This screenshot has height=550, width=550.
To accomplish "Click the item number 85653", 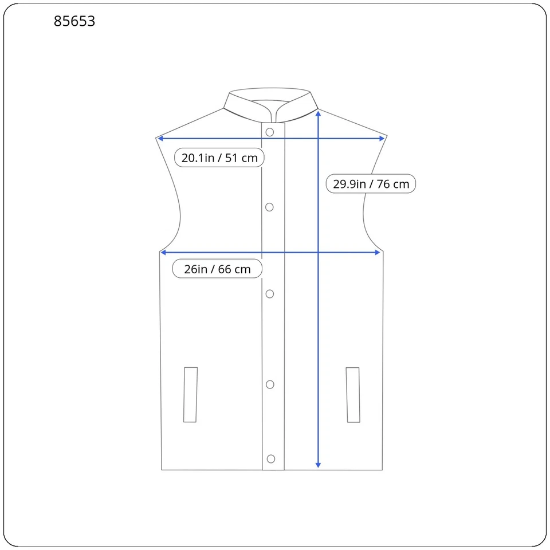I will coord(74,21).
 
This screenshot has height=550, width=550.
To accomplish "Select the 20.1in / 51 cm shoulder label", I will coord(219,158).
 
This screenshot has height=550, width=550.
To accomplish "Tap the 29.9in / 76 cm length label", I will coord(371,184).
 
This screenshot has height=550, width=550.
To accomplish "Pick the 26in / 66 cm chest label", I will coord(217,269).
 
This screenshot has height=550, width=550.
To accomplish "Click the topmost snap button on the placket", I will coord(270,132).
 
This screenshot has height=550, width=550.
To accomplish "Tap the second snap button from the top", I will coord(269,207).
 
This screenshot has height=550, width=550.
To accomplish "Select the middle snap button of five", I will coord(270,294).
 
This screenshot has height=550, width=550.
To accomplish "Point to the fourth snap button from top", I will coord(270,384).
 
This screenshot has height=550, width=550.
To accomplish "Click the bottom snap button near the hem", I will coord(271,458).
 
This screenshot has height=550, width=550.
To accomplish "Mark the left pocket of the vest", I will coord(191,395).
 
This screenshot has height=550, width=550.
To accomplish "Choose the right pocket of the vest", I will coord(353,395).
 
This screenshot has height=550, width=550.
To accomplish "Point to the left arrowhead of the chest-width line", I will coord(164,253).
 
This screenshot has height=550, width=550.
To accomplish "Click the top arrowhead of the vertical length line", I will coord(319,113).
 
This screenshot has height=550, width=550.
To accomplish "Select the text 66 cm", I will coord(234,269).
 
